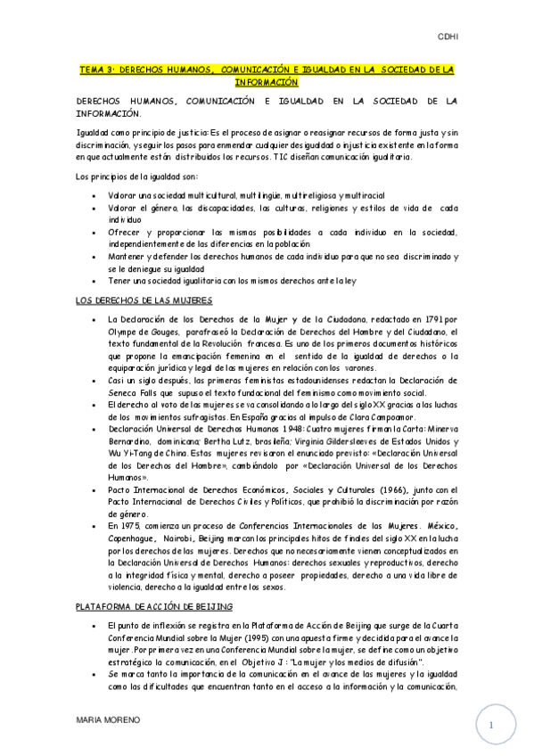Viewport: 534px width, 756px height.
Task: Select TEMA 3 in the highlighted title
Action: [96, 68]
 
